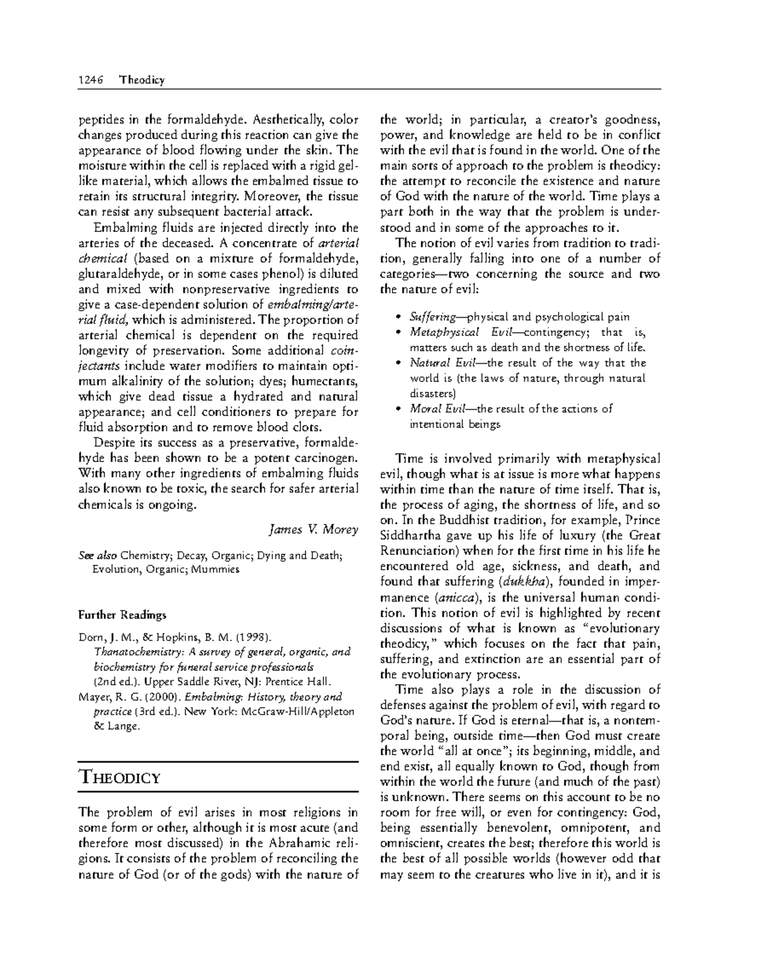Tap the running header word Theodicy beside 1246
point(142,80)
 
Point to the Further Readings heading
point(122,615)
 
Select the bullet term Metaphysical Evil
point(444,332)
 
